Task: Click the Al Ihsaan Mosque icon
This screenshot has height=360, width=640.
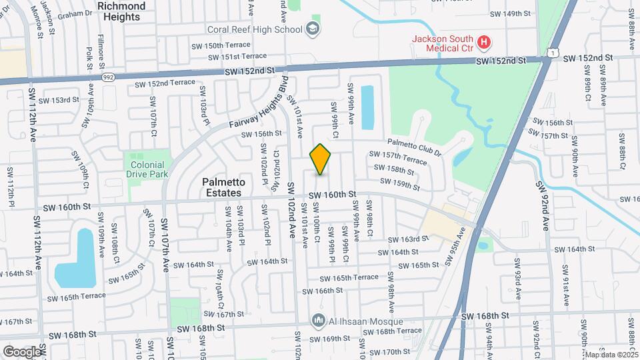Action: click(x=319, y=321)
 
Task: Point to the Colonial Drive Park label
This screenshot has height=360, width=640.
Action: click(x=147, y=169)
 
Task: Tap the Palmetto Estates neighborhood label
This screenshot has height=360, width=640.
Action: click(x=223, y=187)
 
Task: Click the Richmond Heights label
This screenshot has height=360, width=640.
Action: click(x=121, y=11)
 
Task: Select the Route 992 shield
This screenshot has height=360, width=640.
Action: click(x=107, y=77)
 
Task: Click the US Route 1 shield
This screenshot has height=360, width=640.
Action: click(x=551, y=52)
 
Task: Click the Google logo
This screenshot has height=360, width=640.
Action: click(x=22, y=351)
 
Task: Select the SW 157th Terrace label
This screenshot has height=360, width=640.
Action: click(x=398, y=159)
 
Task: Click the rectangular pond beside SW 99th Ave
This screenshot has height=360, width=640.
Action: click(x=367, y=107)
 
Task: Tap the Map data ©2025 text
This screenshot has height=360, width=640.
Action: click(x=611, y=355)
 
